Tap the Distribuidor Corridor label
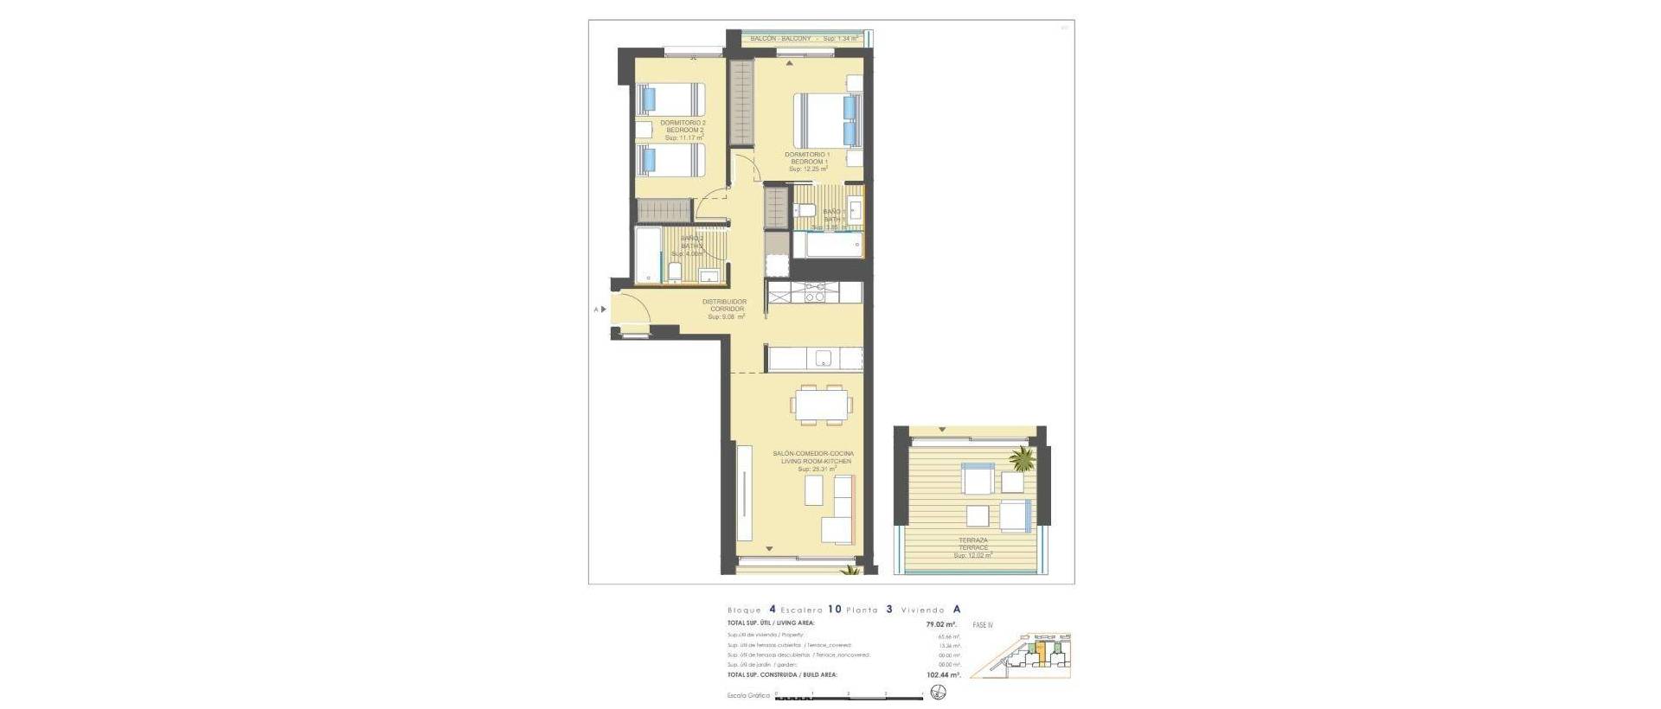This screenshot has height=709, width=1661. pos(725,306)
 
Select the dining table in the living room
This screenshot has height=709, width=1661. pos(822,404)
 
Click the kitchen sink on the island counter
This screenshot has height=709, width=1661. pos(823,358)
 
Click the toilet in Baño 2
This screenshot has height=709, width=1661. pos(675,272)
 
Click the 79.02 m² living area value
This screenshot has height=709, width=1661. pos(940,624)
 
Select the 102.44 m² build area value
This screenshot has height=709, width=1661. pos(942,674)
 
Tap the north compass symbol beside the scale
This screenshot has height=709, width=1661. pos(939,693)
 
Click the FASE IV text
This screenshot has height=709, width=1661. pos(983,625)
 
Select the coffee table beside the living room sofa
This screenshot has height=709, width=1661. pos(814,490)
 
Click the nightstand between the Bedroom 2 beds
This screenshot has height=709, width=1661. pos(644,130)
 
